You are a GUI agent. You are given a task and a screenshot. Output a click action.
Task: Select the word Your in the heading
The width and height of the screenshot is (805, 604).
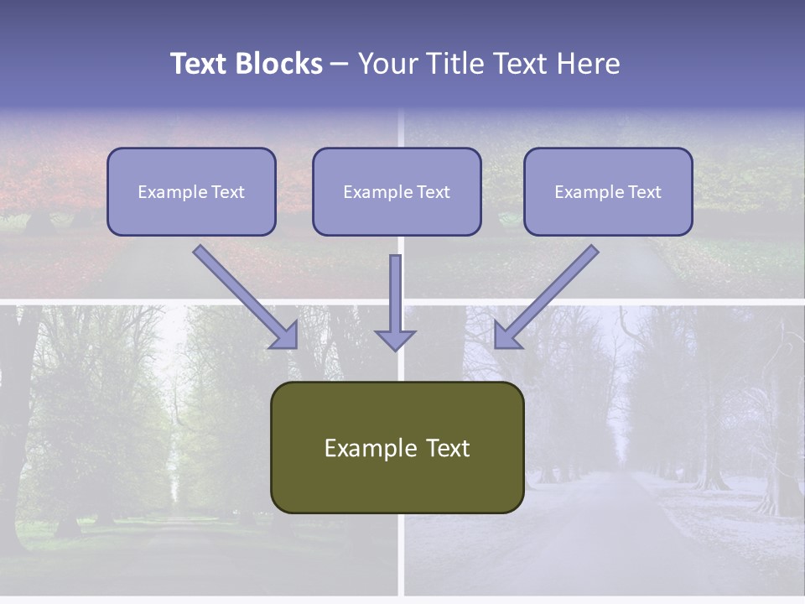pos(387,64)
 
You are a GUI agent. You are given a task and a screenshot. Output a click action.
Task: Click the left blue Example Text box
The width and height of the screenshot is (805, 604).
pos(191,191)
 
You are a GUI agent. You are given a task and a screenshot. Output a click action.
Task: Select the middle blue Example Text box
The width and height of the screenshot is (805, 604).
pos(397,191)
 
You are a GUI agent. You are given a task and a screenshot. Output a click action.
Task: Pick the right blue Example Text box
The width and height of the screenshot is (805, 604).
pos(608,191)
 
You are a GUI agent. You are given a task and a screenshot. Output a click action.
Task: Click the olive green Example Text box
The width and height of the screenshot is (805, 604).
pos(397,447)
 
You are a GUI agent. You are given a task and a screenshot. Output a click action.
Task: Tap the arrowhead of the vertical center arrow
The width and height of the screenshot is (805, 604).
pos(395,339)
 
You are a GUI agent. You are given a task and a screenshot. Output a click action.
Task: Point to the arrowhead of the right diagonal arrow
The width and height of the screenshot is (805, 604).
pos(505,337)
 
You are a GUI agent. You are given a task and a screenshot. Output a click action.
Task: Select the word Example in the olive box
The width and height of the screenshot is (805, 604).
pos(370,448)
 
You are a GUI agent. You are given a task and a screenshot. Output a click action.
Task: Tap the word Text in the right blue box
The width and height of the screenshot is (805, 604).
pos(645,192)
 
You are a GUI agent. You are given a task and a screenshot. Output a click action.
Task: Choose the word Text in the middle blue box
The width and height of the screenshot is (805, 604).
pos(434,192)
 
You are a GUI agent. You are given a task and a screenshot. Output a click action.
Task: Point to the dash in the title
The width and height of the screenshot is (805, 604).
pos(340,65)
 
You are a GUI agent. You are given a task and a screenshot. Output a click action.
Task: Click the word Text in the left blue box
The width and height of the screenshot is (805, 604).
pos(228,192)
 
